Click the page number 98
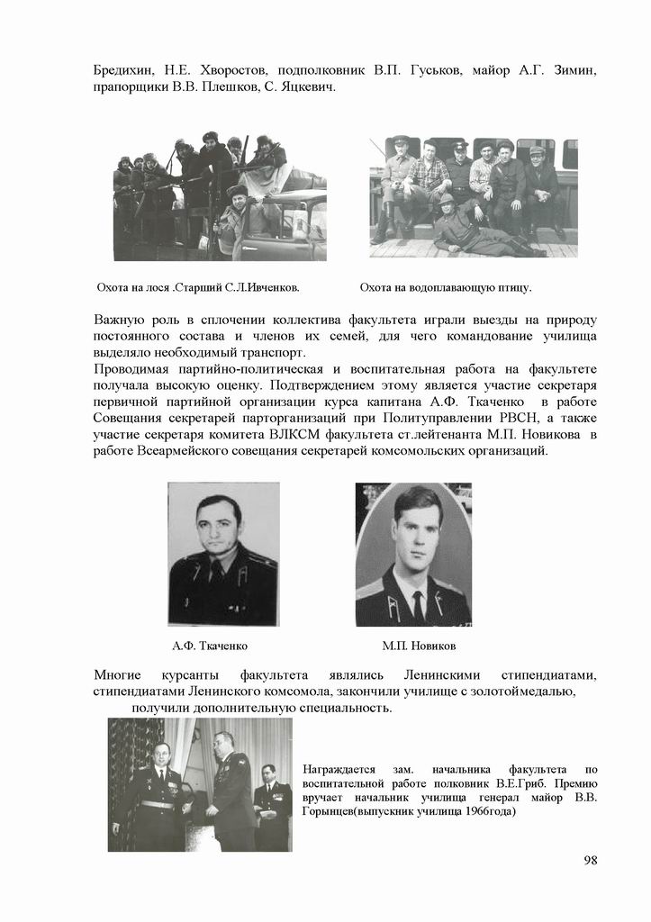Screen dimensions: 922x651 [x=591, y=860]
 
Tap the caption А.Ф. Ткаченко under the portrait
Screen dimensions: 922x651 [x=210, y=646]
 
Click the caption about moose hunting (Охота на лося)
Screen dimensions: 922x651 [x=197, y=288]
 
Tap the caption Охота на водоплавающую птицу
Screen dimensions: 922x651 [x=446, y=288]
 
